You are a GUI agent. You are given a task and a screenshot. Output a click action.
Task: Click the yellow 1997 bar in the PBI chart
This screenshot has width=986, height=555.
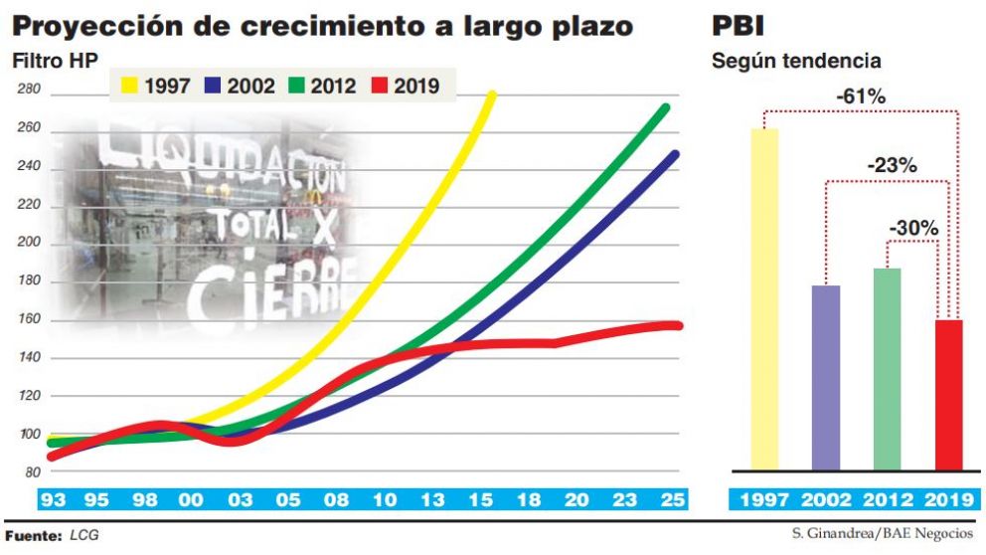[764, 298]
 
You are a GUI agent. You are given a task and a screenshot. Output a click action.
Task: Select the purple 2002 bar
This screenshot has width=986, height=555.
[826, 378]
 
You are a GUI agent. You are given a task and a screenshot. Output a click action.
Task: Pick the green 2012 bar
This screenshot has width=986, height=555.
[887, 369]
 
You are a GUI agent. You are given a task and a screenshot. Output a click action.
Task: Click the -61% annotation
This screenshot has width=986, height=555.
[860, 97]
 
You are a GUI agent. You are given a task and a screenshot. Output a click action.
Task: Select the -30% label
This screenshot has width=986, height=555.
[913, 228]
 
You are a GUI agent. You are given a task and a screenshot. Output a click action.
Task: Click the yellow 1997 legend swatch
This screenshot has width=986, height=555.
[127, 86]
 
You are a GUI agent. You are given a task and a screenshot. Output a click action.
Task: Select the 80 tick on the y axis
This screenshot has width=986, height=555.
[32, 471]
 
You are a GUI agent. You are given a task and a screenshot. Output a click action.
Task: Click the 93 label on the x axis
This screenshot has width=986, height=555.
[53, 499]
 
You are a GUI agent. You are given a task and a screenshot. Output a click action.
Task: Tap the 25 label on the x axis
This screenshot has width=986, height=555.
[672, 499]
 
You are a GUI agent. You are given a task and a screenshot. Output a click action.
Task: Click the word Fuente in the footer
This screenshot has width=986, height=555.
[34, 535]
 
